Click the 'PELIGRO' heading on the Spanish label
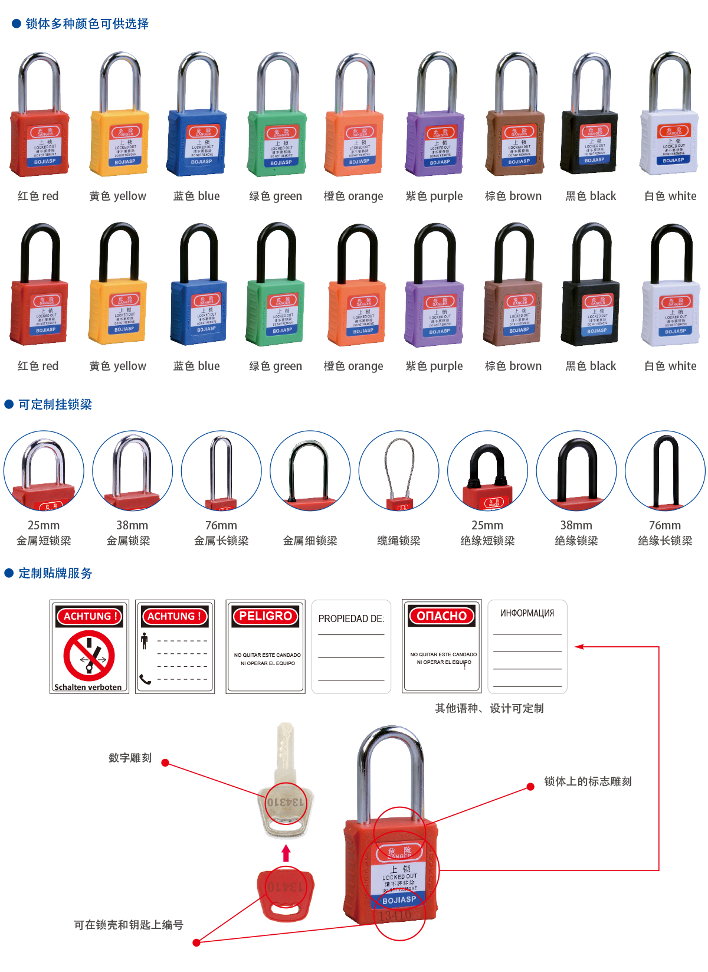[265, 616]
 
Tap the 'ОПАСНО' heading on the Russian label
[442, 616]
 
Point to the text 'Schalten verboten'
[88, 687]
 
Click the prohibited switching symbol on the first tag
[89, 655]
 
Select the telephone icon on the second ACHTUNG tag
[145, 679]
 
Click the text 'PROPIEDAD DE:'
[351, 618]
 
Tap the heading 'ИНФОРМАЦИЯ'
[527, 613]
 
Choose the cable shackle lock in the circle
[399, 471]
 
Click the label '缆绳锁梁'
[399, 541]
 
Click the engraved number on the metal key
[286, 803]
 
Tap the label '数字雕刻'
[130, 758]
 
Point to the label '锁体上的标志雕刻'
[588, 781]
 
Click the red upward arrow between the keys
[286, 853]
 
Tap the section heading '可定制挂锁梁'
[55, 404]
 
